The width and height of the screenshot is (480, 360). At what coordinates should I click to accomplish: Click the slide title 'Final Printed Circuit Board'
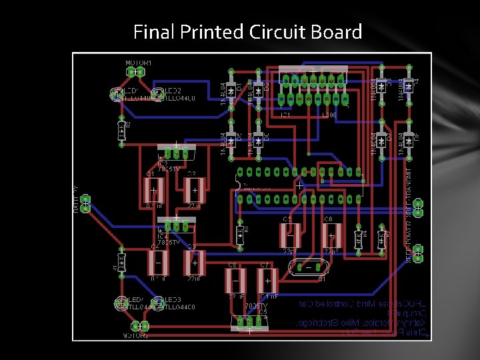coord(247,31)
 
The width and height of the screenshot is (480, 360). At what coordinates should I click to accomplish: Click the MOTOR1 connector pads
coord(136,72)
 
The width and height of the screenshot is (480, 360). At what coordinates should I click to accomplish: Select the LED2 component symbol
coord(158,94)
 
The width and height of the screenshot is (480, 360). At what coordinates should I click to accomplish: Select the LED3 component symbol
coord(158,303)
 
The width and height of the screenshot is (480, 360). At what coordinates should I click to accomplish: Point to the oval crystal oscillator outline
coord(307,268)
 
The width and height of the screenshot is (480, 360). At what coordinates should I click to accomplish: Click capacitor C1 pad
coord(153,191)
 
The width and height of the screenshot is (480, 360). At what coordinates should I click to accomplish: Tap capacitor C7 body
coord(264,279)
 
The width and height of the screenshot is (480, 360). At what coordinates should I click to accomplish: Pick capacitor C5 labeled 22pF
coord(290,235)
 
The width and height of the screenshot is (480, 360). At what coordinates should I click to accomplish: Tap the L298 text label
coord(328,115)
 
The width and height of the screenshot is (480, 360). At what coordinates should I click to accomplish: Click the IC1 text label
coord(285,115)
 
